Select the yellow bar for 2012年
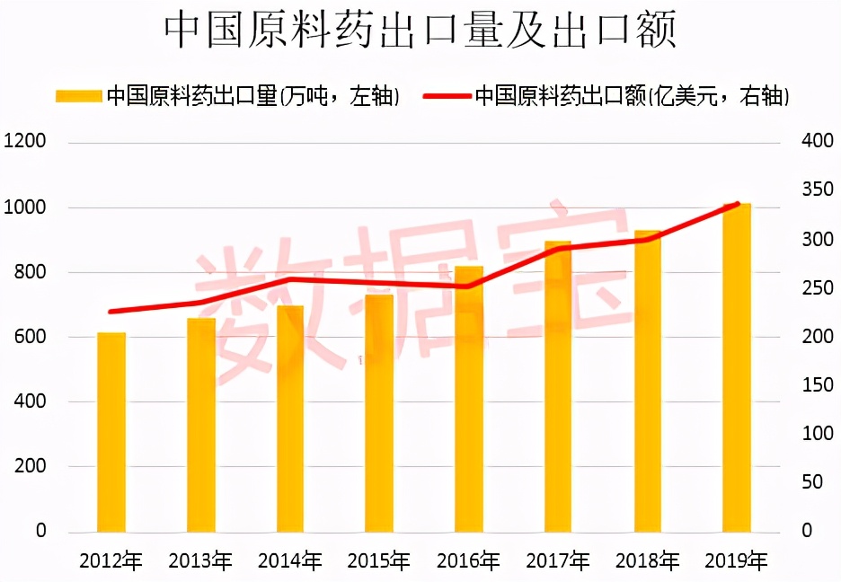coord(111,432)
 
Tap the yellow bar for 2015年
coord(379,413)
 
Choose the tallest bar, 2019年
coord(737,367)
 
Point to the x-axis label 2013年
coord(200,561)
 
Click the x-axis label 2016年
coord(468,561)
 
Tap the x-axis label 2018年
coord(647,561)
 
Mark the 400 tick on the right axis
coord(817,142)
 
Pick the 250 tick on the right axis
coord(817,288)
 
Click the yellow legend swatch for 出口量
coord(78,95)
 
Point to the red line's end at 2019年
coord(738,204)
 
